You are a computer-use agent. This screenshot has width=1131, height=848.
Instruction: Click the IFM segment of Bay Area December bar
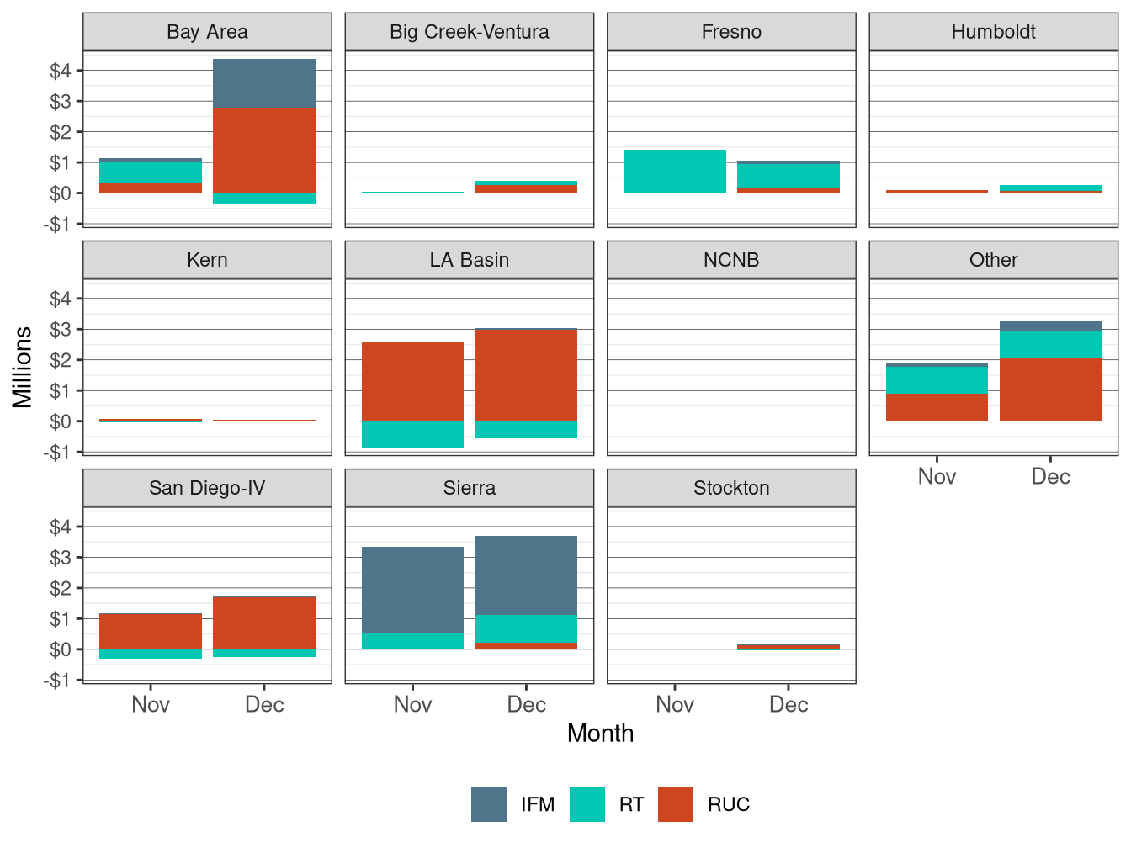264,83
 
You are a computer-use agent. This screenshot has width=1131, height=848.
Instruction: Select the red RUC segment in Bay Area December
264,150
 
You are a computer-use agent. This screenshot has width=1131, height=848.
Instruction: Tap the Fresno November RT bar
675,172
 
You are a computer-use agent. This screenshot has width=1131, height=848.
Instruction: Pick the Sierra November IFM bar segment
412,590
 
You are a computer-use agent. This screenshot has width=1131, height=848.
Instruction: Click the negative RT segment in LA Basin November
412,435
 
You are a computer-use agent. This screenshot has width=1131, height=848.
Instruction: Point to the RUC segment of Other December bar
1050,390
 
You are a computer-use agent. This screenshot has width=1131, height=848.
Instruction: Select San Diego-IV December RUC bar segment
264,623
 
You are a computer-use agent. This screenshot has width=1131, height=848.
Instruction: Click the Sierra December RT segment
526,628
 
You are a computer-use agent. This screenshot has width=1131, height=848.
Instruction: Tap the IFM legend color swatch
489,804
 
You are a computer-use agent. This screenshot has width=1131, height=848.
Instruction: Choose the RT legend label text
631,805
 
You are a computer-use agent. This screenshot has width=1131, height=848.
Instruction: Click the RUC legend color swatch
676,804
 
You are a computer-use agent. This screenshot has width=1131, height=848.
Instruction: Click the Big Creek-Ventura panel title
470,32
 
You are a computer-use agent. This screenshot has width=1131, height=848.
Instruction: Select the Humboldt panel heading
993,32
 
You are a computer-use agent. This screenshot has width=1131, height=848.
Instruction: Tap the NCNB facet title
731,260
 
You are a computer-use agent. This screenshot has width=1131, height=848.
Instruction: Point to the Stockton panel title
731,488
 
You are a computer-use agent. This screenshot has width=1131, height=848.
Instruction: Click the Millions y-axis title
23,367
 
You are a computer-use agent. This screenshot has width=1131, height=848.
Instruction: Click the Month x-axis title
600,734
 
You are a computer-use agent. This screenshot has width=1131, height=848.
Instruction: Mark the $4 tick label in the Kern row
61,299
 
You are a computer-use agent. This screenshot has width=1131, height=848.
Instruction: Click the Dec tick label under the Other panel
1050,477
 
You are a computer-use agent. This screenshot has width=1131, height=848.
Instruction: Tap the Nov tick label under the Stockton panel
675,705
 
